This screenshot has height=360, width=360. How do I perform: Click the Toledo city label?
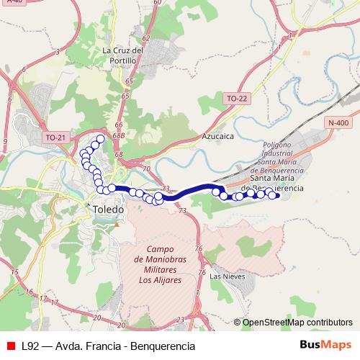pyautogui.click(x=109, y=209)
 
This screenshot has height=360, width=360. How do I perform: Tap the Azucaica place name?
pyautogui.click(x=218, y=135)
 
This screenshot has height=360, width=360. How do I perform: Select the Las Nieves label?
pyautogui.click(x=228, y=276)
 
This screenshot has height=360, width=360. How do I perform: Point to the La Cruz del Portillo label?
pyautogui.click(x=120, y=56)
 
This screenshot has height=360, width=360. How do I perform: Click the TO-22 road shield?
pyautogui.click(x=236, y=98)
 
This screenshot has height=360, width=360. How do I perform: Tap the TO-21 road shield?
pyautogui.click(x=55, y=136)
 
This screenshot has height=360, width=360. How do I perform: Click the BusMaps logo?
pyautogui.click(x=326, y=346)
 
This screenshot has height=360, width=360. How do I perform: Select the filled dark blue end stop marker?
pyautogui.click(x=276, y=195)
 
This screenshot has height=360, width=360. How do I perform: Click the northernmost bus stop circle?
pyautogui.click(x=101, y=139)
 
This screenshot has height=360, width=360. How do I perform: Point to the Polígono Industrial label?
pyautogui.click(x=276, y=153)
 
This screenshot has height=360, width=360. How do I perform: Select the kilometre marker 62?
pyautogui.click(x=146, y=40)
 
